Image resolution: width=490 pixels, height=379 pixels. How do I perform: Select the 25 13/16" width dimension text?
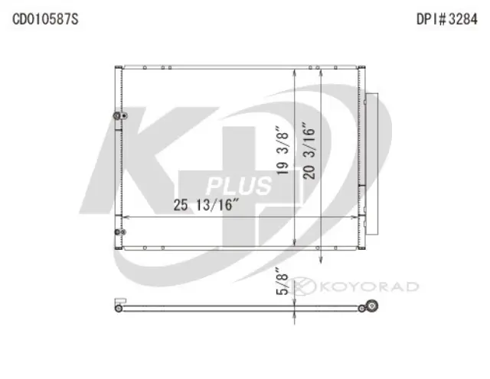(207, 205)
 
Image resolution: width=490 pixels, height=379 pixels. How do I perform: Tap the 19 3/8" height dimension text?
(284, 152)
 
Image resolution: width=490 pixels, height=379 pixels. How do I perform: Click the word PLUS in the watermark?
(239, 186)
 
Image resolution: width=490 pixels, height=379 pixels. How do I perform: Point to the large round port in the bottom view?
(371, 307)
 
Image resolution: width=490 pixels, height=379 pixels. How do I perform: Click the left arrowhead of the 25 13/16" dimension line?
(126, 218)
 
